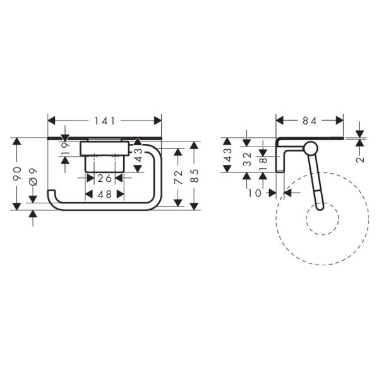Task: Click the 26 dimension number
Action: (105, 179)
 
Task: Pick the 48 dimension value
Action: (105, 195)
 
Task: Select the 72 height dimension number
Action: (179, 176)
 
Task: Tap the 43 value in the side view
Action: (229, 155)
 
